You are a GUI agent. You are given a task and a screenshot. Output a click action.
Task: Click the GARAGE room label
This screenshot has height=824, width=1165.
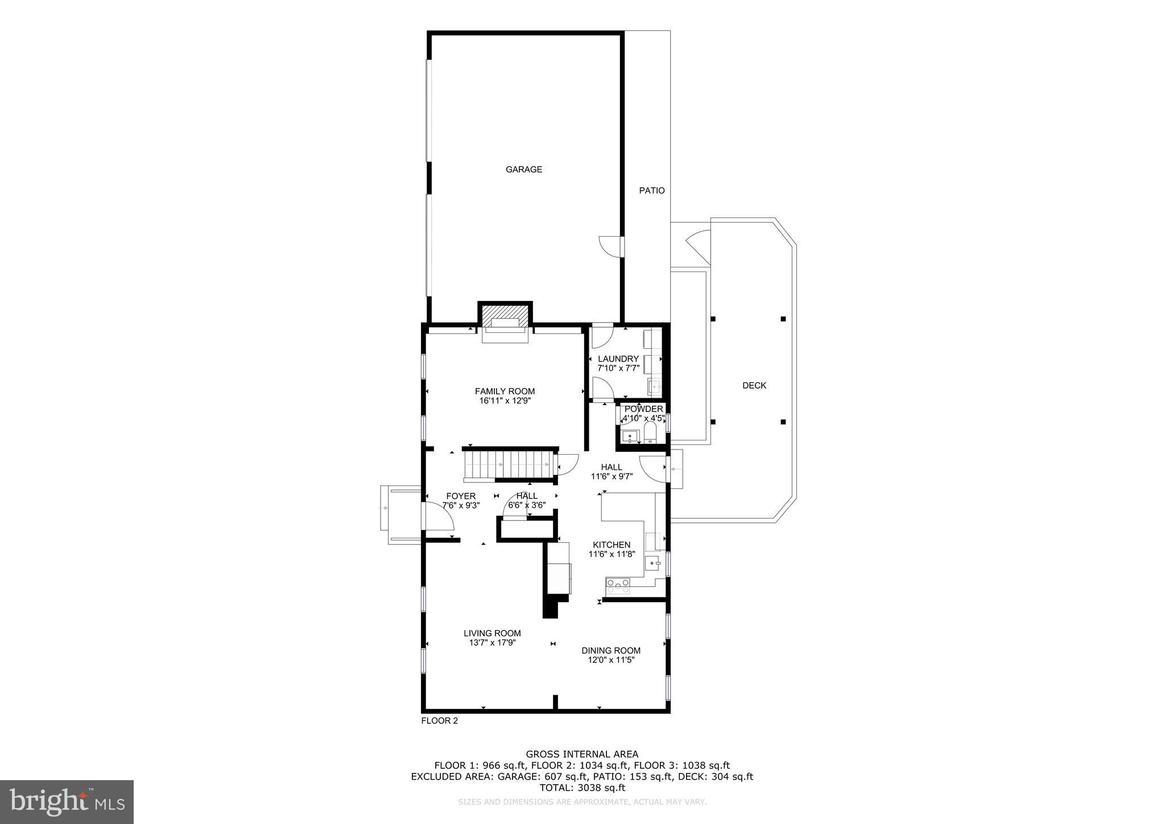point(523,169)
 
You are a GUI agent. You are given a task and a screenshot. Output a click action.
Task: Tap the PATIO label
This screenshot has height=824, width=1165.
point(651,191)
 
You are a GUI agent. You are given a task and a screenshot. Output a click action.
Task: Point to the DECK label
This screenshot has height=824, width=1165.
point(754,385)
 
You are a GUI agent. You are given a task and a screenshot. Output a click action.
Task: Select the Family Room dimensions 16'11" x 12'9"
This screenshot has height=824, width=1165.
point(505,401)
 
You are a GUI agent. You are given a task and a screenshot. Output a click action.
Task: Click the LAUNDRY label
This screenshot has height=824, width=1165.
point(618,359)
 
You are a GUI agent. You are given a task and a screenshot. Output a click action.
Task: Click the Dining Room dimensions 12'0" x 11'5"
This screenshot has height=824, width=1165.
point(611,660)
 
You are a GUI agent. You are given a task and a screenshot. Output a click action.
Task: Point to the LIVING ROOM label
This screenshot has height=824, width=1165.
point(492,633)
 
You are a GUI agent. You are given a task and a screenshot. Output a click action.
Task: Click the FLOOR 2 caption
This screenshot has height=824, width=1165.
point(439,720)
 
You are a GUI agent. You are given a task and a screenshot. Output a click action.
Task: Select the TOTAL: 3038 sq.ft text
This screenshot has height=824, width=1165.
point(582,788)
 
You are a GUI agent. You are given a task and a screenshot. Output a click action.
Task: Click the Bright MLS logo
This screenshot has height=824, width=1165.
point(67,802)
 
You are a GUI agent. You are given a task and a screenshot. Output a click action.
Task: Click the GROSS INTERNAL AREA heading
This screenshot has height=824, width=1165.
point(582,755)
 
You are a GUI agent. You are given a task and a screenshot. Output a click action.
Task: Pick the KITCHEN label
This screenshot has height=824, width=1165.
point(612,545)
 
